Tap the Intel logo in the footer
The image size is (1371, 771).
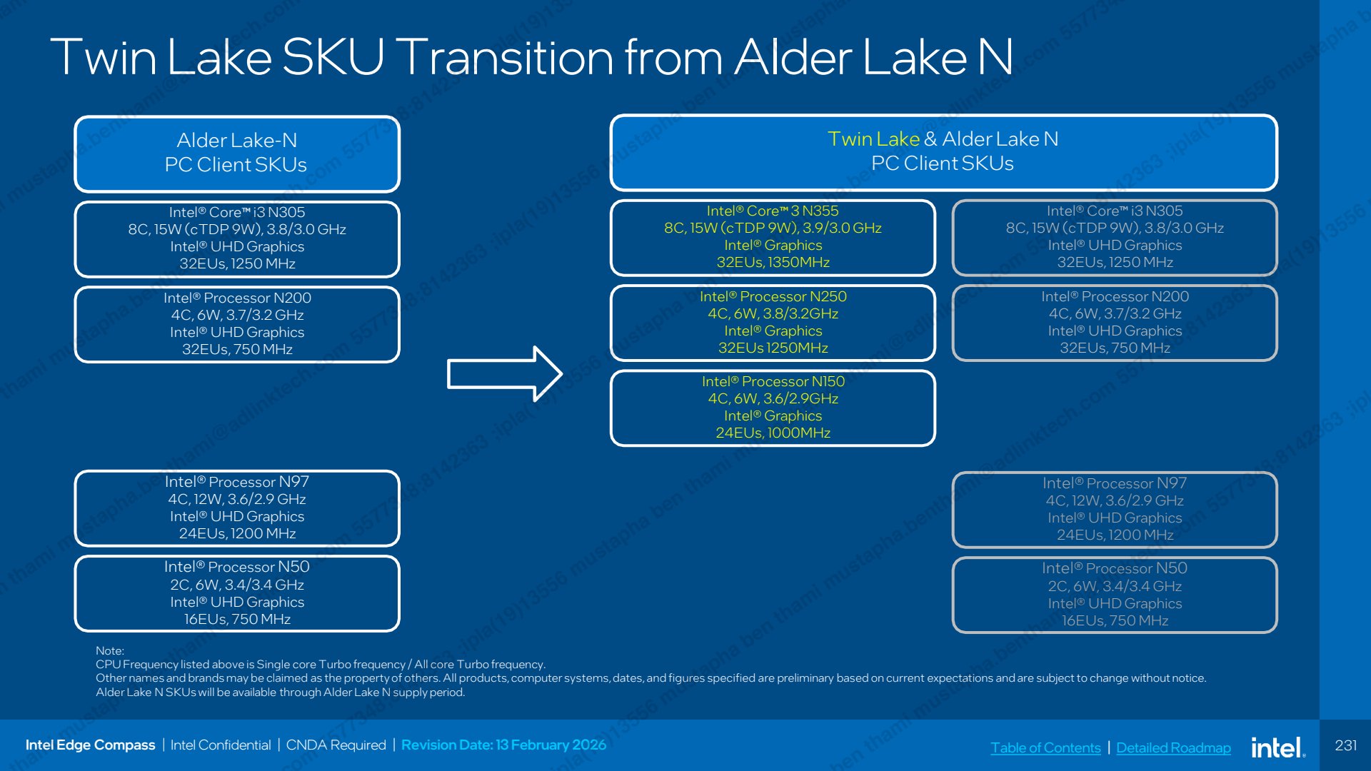coord(1278,747)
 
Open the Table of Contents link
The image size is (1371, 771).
coord(1045,747)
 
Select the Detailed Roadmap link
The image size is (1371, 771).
coord(1173,747)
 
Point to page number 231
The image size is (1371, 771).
coord(1346,745)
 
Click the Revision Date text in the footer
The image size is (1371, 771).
coord(503,745)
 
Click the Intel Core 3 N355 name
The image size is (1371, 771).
coord(773,211)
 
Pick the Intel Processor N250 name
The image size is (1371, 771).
coord(773,296)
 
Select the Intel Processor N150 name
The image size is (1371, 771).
coord(773,381)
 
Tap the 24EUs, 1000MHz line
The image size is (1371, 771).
coord(773,433)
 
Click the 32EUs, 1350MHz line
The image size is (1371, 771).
coord(773,262)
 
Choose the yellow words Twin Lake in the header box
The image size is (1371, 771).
coord(873,138)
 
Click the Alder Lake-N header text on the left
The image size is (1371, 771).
coord(236,140)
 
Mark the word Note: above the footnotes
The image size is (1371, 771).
coord(110,650)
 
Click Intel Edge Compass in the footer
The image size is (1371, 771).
coord(90,745)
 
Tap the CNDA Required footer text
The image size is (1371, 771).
coord(336,745)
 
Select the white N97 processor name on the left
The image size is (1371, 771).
coord(237,482)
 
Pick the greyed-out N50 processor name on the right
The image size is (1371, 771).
coord(1115,568)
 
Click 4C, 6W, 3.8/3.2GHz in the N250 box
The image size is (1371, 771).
coord(773,313)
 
